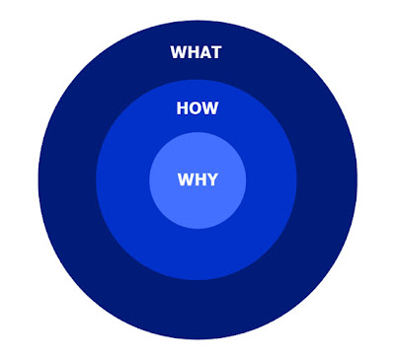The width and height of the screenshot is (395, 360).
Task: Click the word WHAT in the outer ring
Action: pos(196,52)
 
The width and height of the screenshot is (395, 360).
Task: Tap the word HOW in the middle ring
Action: pos(197,108)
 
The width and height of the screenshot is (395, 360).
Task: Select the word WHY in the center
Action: pos(197,180)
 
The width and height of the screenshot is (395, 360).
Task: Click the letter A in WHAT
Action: pos(204,52)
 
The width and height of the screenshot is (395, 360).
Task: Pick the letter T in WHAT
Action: pos(215,52)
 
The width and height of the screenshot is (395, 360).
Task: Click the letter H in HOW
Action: pos(182,108)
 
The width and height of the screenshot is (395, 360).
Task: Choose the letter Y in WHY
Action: pos(212,180)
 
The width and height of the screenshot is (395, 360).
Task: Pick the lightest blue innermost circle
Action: pos(197,204)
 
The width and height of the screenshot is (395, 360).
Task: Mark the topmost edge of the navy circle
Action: pos(197,22)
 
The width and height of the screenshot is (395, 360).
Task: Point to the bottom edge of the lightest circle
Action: pos(197,229)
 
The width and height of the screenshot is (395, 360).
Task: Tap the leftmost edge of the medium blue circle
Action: pos(97,180)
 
